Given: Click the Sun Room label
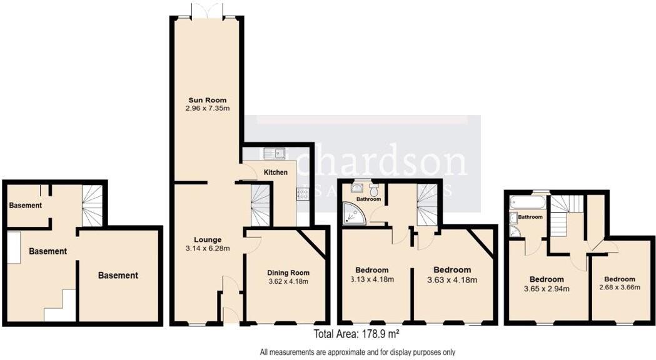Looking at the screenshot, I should point(207,100).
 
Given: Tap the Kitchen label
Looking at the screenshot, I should point(275,172).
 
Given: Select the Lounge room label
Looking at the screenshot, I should point(207,239).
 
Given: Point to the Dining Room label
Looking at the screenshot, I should point(288,272).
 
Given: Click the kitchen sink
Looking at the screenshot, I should point(274,152).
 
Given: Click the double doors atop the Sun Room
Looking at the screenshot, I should point(206,11).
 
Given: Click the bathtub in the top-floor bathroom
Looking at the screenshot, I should point(528,202).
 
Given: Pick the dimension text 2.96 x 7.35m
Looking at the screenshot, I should point(207,108).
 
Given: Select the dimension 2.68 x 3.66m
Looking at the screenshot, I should point(615,287).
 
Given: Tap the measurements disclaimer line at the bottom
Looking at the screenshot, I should point(358,352).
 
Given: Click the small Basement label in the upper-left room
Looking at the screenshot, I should point(26,205).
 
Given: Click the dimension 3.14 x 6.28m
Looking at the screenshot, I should point(207,248).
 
